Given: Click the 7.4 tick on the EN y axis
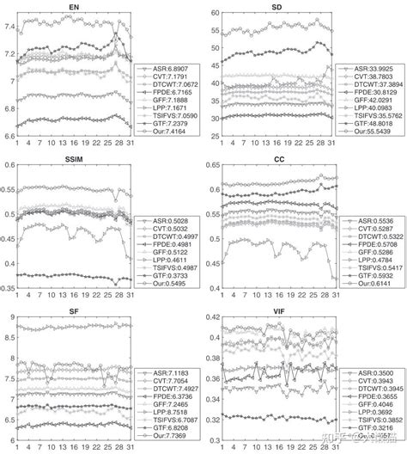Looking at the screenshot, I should pyautogui.click(x=9, y=28).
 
